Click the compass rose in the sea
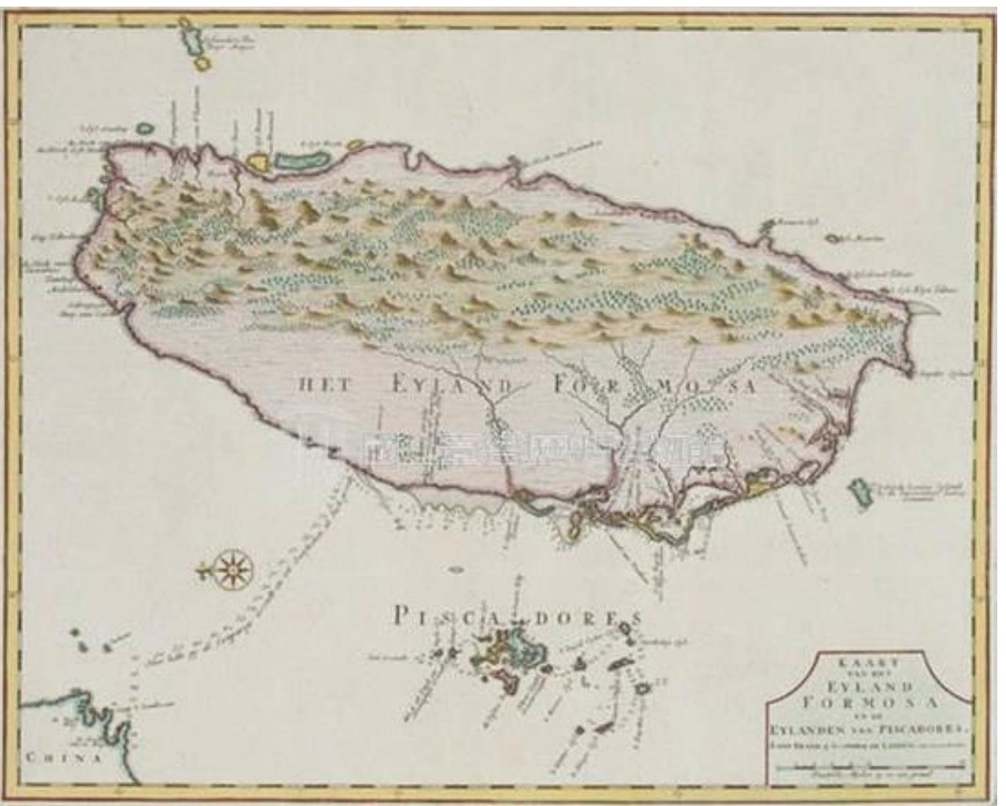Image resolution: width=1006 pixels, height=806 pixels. click(x=232, y=566)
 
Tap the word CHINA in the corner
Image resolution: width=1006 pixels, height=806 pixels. click(x=64, y=757)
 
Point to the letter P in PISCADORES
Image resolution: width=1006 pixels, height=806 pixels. click(x=399, y=616)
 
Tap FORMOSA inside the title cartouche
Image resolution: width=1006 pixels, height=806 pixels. click(x=868, y=702)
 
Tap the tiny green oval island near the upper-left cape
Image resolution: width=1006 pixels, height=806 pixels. click(x=146, y=127)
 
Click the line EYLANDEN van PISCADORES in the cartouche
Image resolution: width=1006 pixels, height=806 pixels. click(x=868, y=728)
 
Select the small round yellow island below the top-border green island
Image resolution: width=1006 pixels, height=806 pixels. click(x=203, y=64)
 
